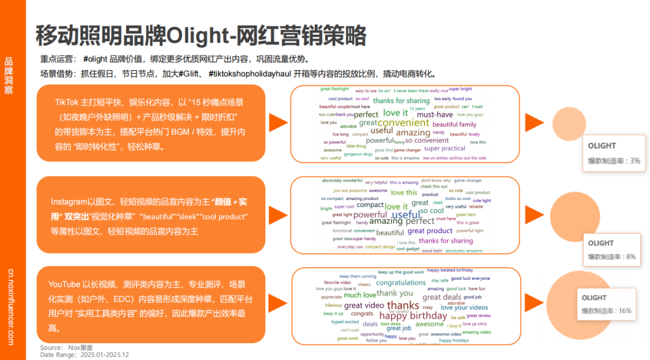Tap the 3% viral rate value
click(x=635, y=161)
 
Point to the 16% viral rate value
click(x=625, y=311)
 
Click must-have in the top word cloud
click(x=435, y=114)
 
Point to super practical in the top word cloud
click(x=444, y=148)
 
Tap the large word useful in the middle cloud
click(x=406, y=215)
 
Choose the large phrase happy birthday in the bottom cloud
click(x=413, y=315)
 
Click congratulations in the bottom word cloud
click(x=401, y=282)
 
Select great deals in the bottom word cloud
click(x=442, y=297)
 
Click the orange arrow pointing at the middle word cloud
click(x=277, y=214)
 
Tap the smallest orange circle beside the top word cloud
click(x=565, y=122)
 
